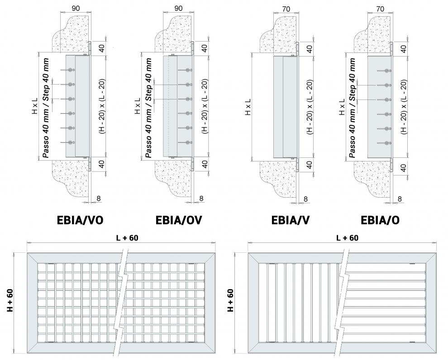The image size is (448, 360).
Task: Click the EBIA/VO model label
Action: [x=80, y=220]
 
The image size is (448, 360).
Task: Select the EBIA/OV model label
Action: [x=178, y=220]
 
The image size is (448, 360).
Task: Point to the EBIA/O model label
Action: [x=380, y=220]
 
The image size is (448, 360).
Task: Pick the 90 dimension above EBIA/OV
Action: [x=178, y=8]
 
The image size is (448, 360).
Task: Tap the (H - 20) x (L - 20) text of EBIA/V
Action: [x=310, y=107]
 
